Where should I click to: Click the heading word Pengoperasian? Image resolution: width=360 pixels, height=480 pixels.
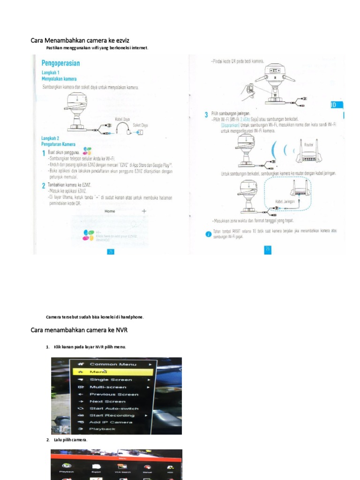[x=60, y=63]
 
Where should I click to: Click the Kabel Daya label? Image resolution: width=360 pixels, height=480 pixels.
[x=122, y=120]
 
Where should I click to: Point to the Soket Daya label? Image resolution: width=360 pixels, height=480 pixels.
[x=141, y=125]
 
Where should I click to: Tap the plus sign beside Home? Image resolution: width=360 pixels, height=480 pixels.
[x=144, y=211]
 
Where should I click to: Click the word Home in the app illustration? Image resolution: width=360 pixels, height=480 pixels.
[x=110, y=211]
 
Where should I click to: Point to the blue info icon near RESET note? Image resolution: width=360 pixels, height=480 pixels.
[x=208, y=234]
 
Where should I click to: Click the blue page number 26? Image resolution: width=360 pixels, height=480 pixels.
[x=268, y=249]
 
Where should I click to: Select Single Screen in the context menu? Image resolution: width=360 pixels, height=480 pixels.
[x=111, y=379]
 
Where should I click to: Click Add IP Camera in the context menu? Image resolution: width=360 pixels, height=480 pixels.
[x=111, y=422]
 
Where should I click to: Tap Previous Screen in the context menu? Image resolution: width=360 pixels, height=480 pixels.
[x=114, y=394]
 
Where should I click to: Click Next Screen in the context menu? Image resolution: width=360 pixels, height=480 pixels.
[x=107, y=401]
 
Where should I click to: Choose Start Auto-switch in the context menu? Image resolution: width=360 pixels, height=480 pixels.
[x=114, y=408]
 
